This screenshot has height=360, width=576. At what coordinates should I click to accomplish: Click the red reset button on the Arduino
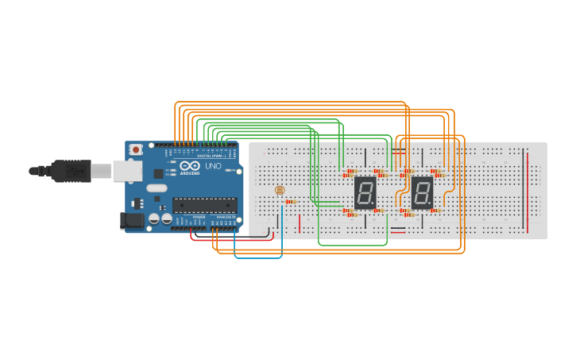point(136,149)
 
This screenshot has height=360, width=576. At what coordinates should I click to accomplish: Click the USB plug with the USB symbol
point(71,170)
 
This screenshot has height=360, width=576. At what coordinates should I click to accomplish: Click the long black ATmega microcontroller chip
point(204,205)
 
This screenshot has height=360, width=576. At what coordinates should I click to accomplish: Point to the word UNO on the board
point(213,166)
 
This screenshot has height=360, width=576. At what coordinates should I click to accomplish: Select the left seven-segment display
point(365,192)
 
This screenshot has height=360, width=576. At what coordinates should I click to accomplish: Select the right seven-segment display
point(422,192)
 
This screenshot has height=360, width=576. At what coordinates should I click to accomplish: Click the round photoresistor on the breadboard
point(279,190)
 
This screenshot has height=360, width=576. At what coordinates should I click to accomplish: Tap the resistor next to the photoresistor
point(291,202)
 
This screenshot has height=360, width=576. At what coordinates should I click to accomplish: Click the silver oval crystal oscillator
point(157,188)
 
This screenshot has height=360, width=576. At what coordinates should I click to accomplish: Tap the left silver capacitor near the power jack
point(154,219)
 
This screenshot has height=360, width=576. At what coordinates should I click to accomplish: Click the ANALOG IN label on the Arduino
point(226,216)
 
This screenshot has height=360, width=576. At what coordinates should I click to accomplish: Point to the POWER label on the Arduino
point(199,216)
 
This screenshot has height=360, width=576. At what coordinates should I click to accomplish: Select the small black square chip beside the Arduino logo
point(158,172)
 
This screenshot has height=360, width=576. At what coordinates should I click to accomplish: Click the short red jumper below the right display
point(397,232)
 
